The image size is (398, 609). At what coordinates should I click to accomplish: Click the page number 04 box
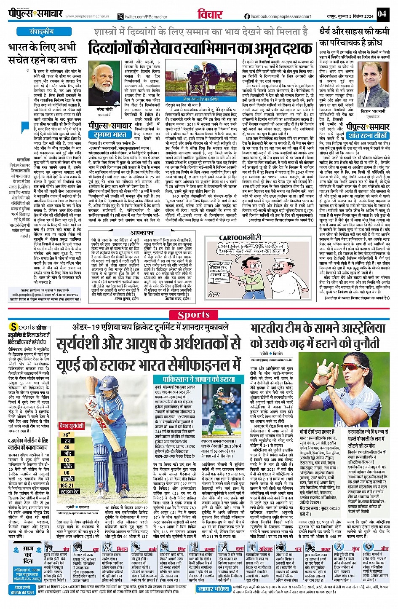pyautogui.click(x=382, y=13)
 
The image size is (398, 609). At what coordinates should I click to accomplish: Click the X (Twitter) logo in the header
pyautogui.click(x=121, y=17)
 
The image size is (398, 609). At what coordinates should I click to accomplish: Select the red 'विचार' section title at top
pyautogui.click(x=210, y=14)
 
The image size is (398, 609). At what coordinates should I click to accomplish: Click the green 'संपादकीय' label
pyautogui.click(x=42, y=32)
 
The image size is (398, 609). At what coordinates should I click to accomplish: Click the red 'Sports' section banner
pyautogui.click(x=193, y=315)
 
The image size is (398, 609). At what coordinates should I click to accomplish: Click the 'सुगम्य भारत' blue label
pyautogui.click(x=110, y=134)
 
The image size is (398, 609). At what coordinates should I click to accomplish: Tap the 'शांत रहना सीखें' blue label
pyautogui.click(x=368, y=136)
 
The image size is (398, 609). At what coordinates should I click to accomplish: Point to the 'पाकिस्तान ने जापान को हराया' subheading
pyautogui.click(x=194, y=379)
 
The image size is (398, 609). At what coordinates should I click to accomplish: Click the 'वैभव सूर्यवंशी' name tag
pyautogui.click(x=72, y=426)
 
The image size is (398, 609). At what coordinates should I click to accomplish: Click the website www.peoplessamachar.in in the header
pyautogui.click(x=87, y=16)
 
